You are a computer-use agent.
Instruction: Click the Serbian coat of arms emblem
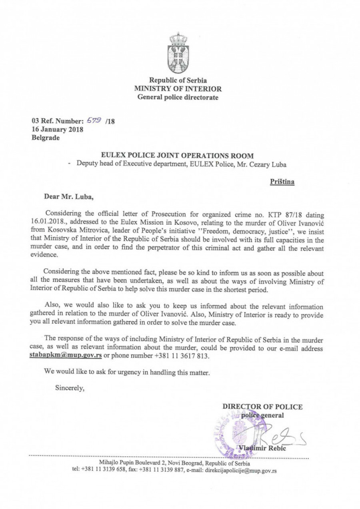tap(179, 53)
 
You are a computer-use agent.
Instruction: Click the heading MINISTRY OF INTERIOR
tap(178, 89)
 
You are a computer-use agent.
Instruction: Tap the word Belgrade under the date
tap(45, 138)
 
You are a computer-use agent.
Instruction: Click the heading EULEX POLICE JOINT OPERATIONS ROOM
tap(178, 155)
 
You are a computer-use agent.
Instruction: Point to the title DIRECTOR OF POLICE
tap(262, 407)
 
